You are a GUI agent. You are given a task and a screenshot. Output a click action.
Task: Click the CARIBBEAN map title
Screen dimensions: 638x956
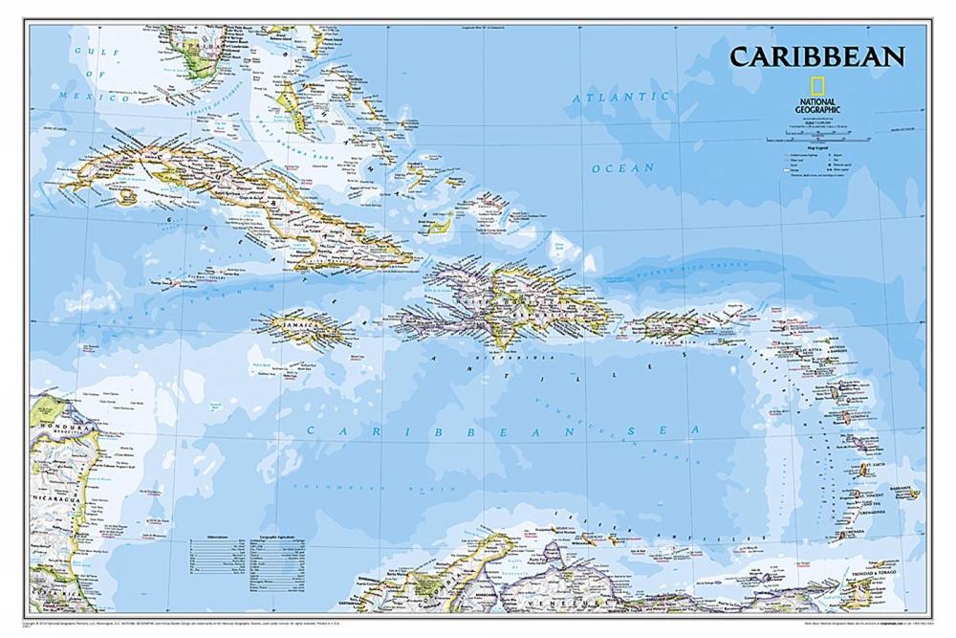click(816, 56)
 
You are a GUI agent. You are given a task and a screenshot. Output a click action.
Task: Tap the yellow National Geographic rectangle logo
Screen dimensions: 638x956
click(793, 84)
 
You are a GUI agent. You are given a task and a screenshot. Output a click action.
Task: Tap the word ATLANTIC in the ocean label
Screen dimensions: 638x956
click(621, 98)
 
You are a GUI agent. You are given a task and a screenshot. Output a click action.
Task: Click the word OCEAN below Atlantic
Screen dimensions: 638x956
click(622, 168)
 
